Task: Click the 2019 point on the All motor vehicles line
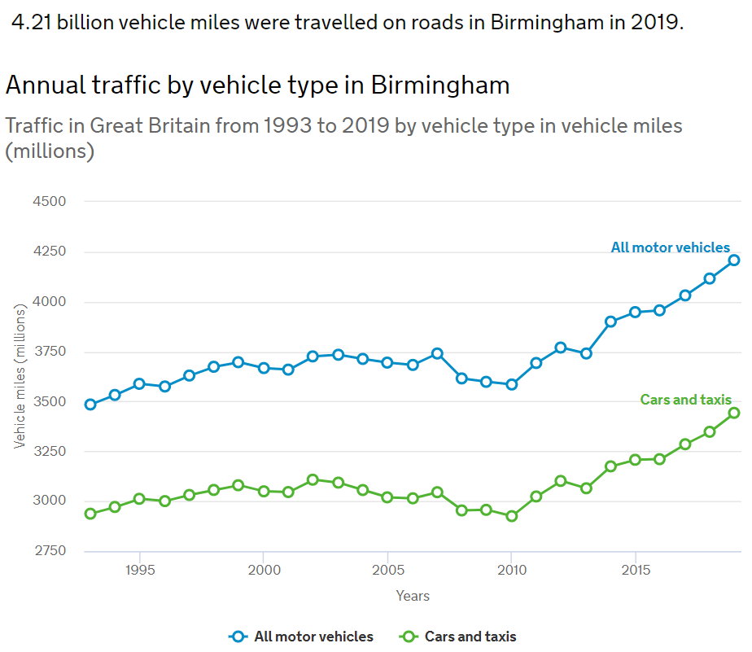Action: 733,260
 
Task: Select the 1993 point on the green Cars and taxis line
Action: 90,514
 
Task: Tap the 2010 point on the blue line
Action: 511,384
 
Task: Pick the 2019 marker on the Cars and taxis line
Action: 733,413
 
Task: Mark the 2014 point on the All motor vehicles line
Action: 610,322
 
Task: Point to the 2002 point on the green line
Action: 313,479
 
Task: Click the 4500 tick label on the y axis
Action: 49,202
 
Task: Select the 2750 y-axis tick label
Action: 49,551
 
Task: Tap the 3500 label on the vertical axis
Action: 49,401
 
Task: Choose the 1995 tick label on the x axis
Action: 140,569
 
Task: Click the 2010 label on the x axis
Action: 511,569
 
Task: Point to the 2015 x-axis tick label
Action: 635,569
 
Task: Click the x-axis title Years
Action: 413,596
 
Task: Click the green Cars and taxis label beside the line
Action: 685,400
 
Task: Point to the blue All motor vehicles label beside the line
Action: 670,247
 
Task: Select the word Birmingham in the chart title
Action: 440,85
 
